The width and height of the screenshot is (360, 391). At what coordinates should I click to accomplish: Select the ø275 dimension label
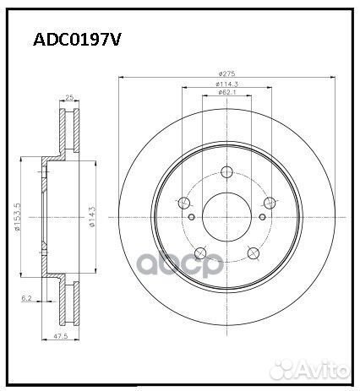pyautogui.click(x=226, y=76)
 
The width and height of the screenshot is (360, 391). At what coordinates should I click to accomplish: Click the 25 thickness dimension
pyautogui.click(x=68, y=99)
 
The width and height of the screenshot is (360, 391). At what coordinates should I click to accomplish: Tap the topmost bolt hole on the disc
pyautogui.click(x=226, y=171)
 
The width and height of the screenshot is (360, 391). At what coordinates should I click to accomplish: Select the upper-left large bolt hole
pyautogui.click(x=184, y=203)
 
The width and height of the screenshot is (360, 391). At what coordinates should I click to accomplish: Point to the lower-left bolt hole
pyautogui.click(x=200, y=253)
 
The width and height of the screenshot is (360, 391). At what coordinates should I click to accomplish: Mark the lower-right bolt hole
pyautogui.click(x=252, y=253)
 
